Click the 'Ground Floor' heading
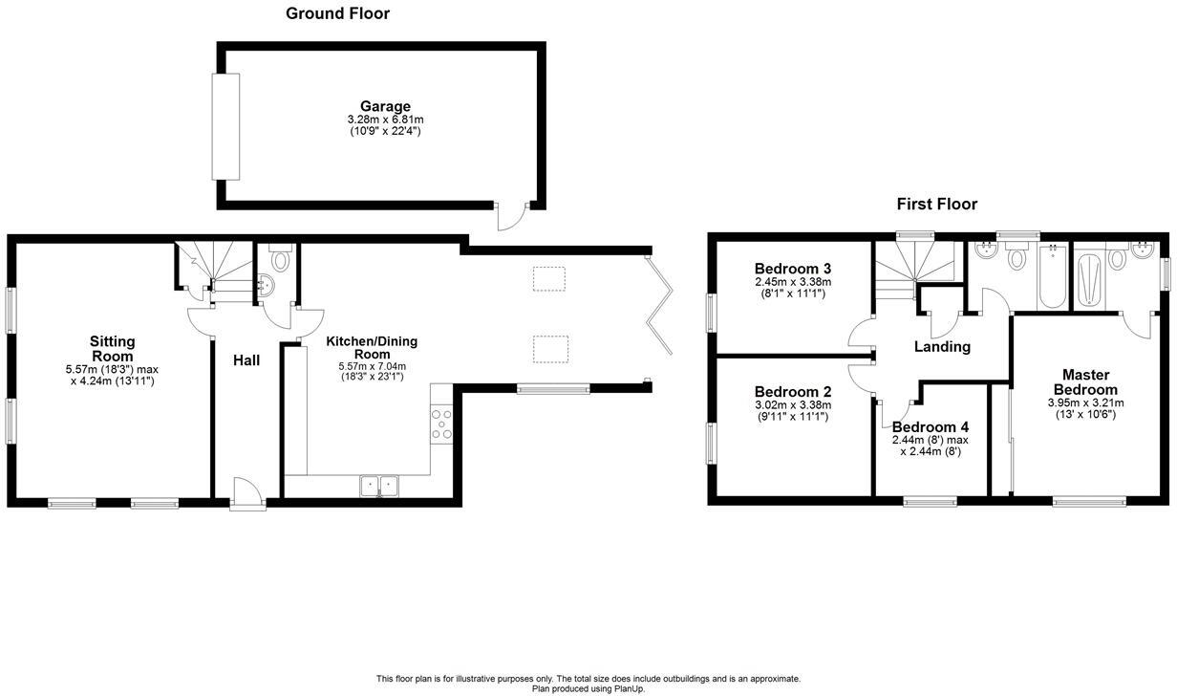point(337,13)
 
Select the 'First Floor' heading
point(936,204)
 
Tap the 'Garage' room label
point(385,106)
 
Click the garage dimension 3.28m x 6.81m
point(385,120)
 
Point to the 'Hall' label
point(246,360)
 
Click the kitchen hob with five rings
point(441,423)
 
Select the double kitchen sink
point(381,486)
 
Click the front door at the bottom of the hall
point(245,492)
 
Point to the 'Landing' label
point(943,347)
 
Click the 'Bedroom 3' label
point(792,269)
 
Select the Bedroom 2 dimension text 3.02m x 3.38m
point(792,404)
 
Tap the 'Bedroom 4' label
point(930,426)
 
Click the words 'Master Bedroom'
point(1084,382)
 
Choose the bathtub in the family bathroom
point(1052,277)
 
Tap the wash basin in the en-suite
point(1139,257)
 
